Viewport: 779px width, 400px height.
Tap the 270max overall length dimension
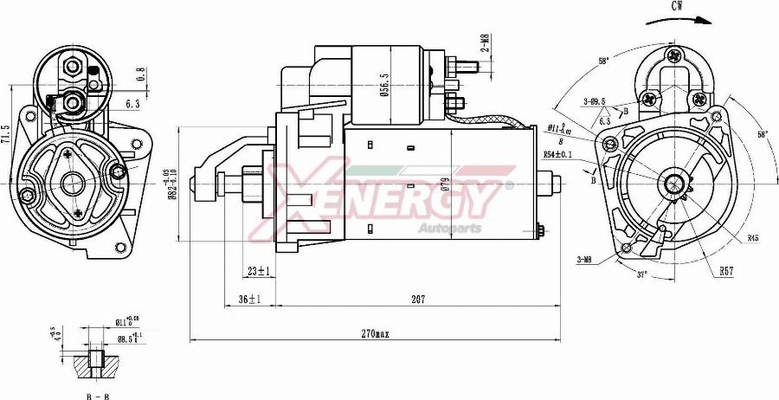tap(376, 333)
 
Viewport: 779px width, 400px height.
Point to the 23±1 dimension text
tap(258, 271)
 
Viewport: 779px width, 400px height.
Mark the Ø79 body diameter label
tap(444, 183)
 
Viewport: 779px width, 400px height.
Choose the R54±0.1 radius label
tap(558, 154)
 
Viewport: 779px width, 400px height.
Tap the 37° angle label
tap(641, 274)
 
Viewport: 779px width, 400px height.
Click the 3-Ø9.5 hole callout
tap(594, 101)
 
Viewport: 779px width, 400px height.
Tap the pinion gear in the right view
tap(674, 184)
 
